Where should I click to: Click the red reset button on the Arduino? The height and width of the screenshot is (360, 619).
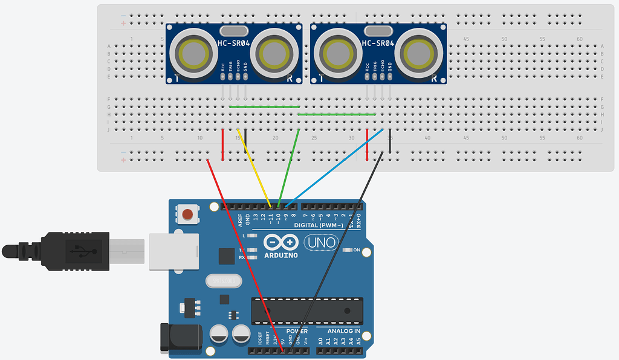click(x=189, y=214)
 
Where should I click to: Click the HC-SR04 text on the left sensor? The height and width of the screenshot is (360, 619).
click(x=234, y=43)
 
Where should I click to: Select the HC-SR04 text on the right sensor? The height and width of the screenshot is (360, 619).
click(x=378, y=43)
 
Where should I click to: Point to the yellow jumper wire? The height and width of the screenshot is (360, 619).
click(x=254, y=166)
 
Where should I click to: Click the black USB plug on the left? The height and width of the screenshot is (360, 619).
click(x=60, y=249)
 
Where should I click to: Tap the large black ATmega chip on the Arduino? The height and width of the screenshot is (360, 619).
click(x=307, y=310)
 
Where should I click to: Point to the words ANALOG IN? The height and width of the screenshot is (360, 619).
click(x=343, y=331)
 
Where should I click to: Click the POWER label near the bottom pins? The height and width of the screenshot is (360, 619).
click(x=296, y=331)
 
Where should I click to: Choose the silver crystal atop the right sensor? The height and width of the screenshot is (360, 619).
click(x=378, y=31)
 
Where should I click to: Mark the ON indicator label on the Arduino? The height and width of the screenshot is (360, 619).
click(x=357, y=249)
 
